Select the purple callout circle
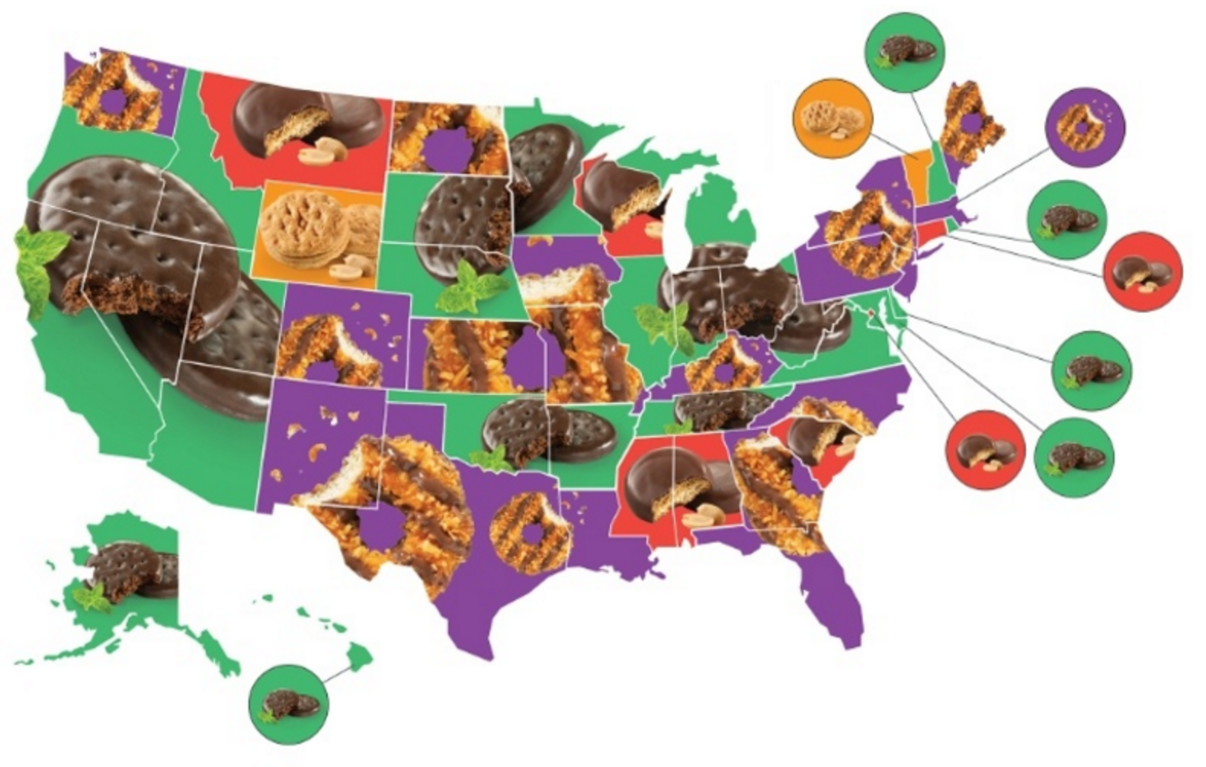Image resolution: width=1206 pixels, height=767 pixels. click(x=1085, y=127)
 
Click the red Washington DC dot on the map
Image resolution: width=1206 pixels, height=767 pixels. click(x=873, y=312)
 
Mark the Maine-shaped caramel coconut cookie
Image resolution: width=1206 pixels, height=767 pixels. click(x=970, y=122)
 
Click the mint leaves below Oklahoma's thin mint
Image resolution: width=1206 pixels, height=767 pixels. click(x=488, y=459)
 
